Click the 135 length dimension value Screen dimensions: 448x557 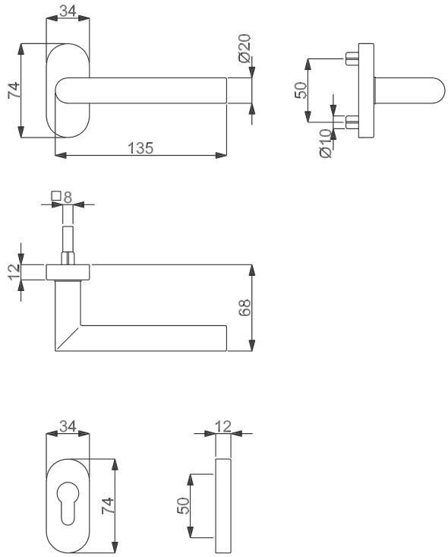pos(140,148)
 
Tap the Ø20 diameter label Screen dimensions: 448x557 pos(245,48)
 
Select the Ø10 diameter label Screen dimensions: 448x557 pos(326,144)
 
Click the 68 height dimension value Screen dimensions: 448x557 pos(245,307)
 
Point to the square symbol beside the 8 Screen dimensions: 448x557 pos(56,196)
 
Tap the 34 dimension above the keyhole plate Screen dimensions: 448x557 pos(68,426)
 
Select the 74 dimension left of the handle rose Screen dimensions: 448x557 pos(14,90)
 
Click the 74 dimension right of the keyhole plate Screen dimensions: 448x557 pos(108,505)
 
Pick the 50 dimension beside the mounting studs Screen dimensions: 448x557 pos(301,90)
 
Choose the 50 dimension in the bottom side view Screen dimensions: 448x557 pos(183,505)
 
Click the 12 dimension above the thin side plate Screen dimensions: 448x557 pos(223,426)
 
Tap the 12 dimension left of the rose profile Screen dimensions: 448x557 pos(14,272)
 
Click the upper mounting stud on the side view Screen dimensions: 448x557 pos(352,58)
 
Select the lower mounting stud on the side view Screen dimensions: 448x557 pos(352,122)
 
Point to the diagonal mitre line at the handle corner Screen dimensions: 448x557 pos(67,339)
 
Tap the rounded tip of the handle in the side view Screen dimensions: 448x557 pos(439,90)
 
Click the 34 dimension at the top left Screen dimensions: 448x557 pos(68,11)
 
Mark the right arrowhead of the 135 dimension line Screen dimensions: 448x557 pos(221,155)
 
